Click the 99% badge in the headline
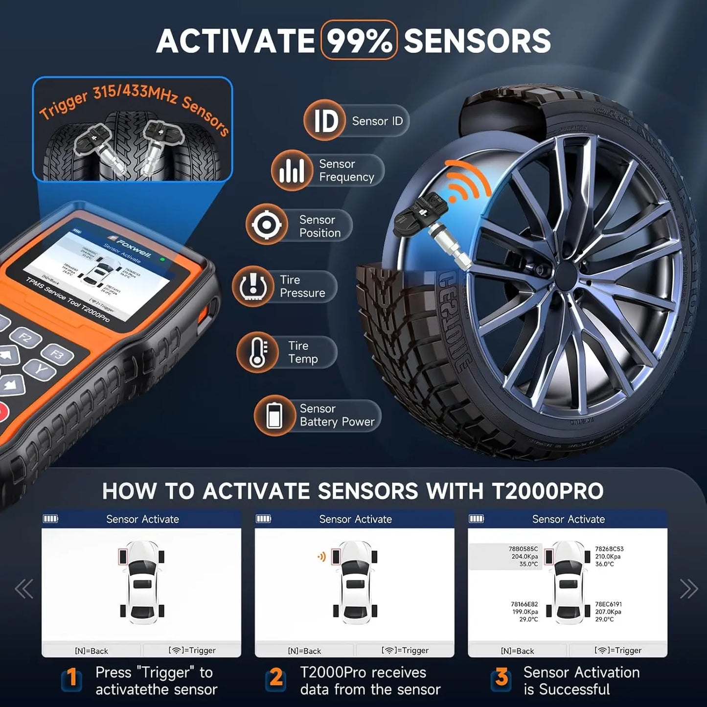coord(359,41)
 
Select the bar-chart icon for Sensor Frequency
coord(292,170)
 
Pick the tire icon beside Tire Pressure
coord(252,286)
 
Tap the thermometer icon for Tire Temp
coord(257,352)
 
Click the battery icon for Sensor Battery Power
coord(274,415)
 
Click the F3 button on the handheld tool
coord(57,354)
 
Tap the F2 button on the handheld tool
coord(24,337)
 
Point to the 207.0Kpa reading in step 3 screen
coord(608,612)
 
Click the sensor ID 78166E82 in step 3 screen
coord(524,604)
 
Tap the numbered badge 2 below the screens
coord(276,678)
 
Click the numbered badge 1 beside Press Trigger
coord(72,678)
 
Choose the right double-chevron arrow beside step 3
coord(688,589)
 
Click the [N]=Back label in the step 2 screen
coord(304,651)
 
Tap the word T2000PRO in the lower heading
coord(547,491)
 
